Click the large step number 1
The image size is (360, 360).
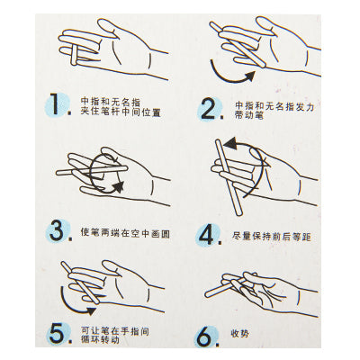pyautogui.click(x=55, y=104)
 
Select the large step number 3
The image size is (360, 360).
pyautogui.click(x=57, y=230)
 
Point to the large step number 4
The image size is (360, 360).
pyautogui.click(x=206, y=235)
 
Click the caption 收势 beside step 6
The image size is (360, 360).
pyautogui.click(x=239, y=333)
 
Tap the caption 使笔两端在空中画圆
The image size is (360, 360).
pyautogui.click(x=125, y=232)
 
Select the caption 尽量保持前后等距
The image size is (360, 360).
pyautogui.click(x=271, y=237)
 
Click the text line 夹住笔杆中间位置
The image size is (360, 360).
pyautogui.click(x=121, y=112)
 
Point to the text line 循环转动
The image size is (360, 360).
pyautogui.click(x=100, y=340)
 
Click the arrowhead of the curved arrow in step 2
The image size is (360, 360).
pyautogui.click(x=249, y=76)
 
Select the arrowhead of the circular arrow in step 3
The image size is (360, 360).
pyautogui.click(x=119, y=186)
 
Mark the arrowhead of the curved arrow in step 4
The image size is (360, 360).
pyautogui.click(x=229, y=143)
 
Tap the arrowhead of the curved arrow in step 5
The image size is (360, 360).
pyautogui.click(x=90, y=310)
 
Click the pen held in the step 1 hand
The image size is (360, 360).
pyautogui.click(x=74, y=55)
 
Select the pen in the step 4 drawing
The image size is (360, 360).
pyautogui.click(x=229, y=177)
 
